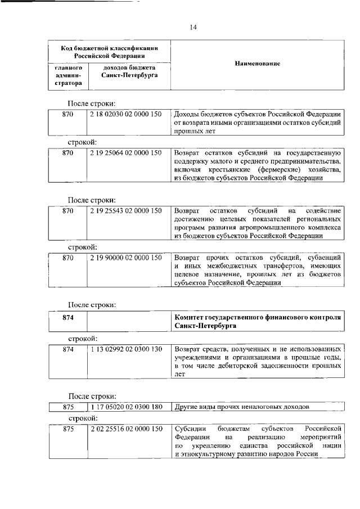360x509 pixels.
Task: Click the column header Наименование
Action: (x=257, y=65)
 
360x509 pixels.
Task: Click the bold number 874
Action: (x=68, y=318)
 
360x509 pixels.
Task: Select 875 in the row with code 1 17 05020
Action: (x=68, y=407)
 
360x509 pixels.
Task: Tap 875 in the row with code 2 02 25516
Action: (x=68, y=429)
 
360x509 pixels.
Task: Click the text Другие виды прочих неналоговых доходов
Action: (x=242, y=407)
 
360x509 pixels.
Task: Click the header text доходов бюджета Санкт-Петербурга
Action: (x=126, y=71)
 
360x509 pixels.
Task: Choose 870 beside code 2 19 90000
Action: (x=68, y=258)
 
